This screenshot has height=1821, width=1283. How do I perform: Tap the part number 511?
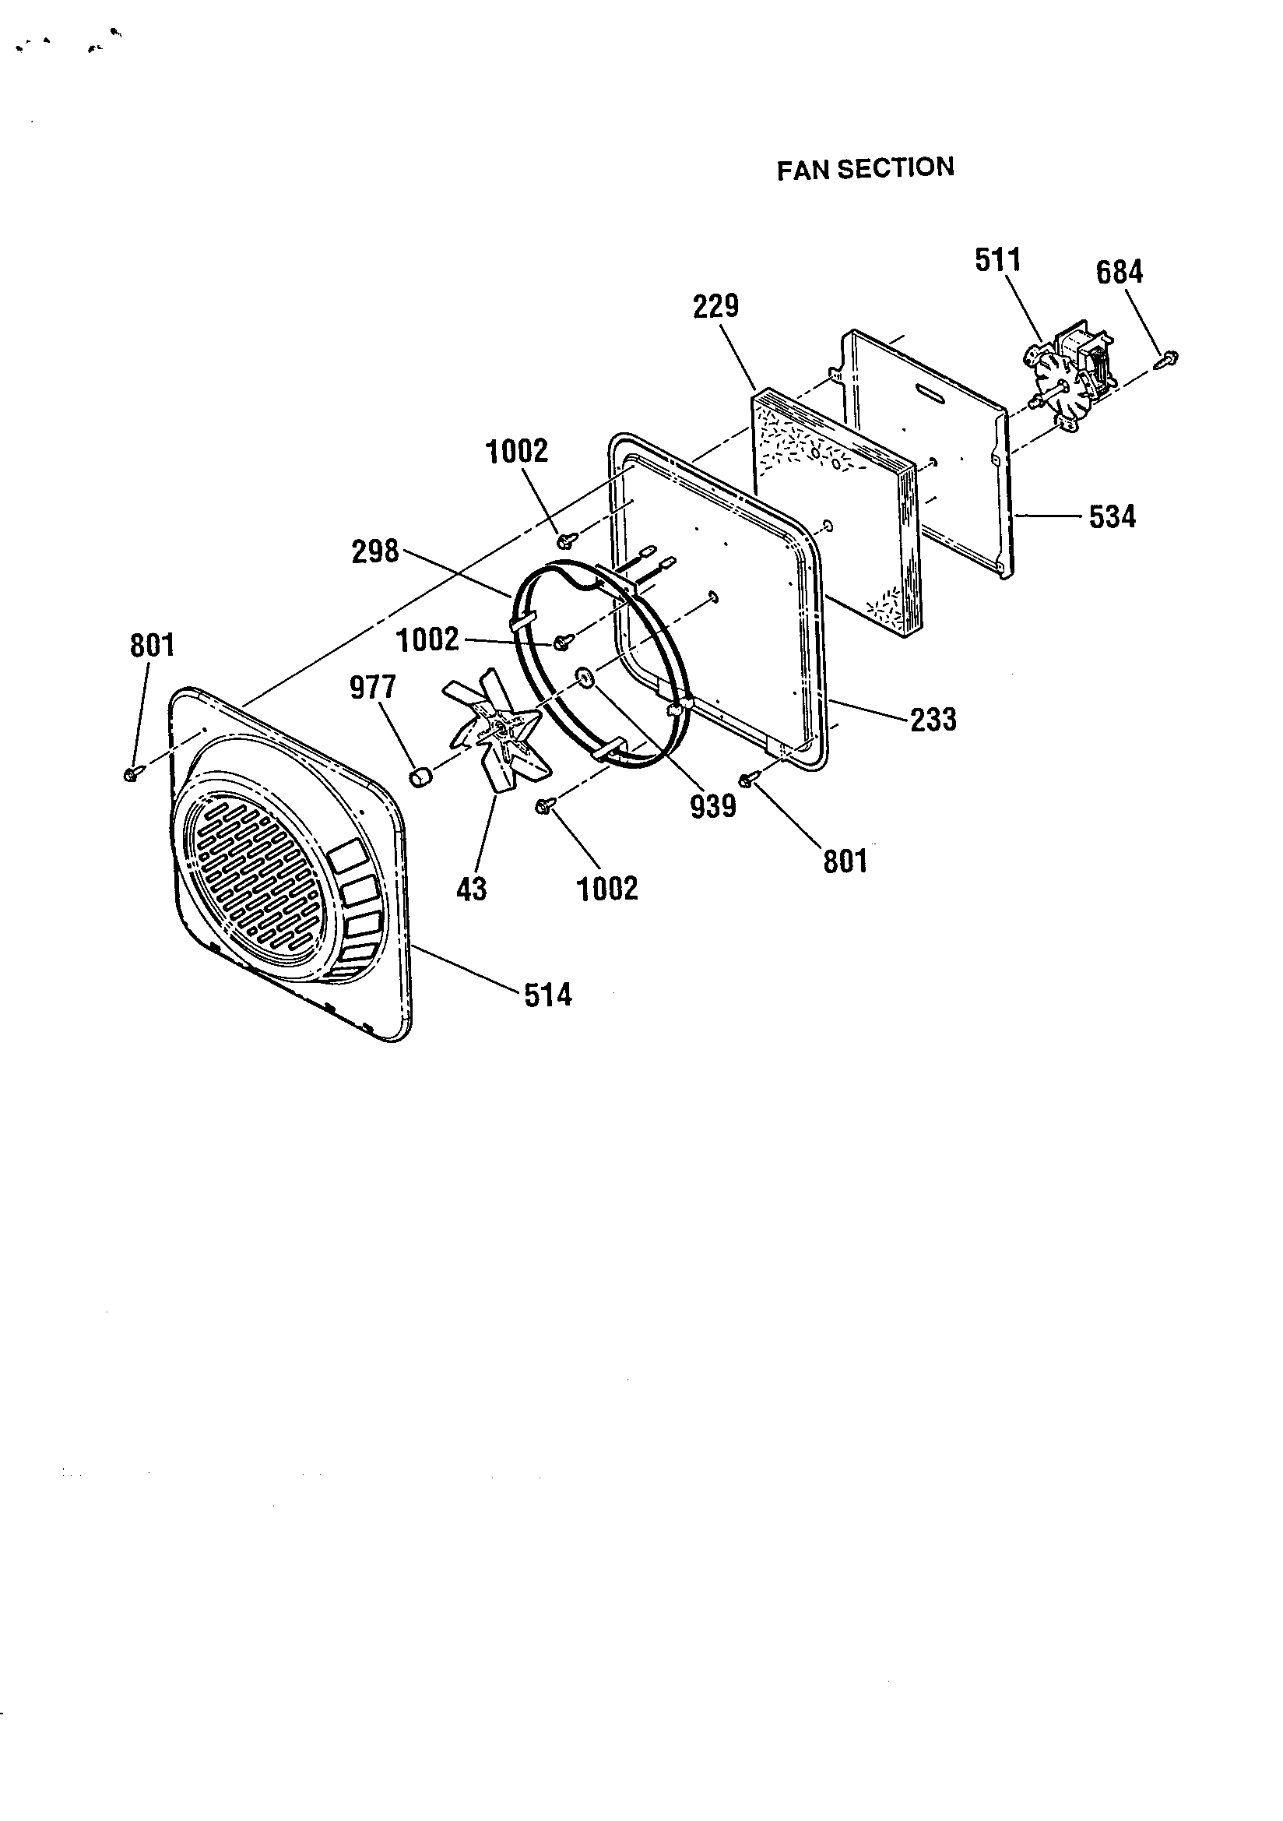(997, 260)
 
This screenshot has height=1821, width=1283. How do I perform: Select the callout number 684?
(1119, 273)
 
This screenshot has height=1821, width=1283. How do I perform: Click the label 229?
(716, 306)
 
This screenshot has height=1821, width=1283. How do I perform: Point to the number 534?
(1112, 517)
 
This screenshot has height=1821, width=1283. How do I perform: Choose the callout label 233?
(933, 720)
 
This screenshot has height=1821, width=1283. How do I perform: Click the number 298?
(375, 551)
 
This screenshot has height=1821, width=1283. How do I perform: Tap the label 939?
(713, 807)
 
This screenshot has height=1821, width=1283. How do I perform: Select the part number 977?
(373, 688)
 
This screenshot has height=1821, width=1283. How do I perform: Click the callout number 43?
(472, 890)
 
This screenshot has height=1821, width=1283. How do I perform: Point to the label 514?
(548, 995)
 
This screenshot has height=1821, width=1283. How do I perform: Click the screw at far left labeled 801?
(131, 773)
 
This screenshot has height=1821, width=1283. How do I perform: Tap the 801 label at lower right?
(845, 861)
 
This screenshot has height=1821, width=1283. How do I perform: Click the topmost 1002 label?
(516, 451)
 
